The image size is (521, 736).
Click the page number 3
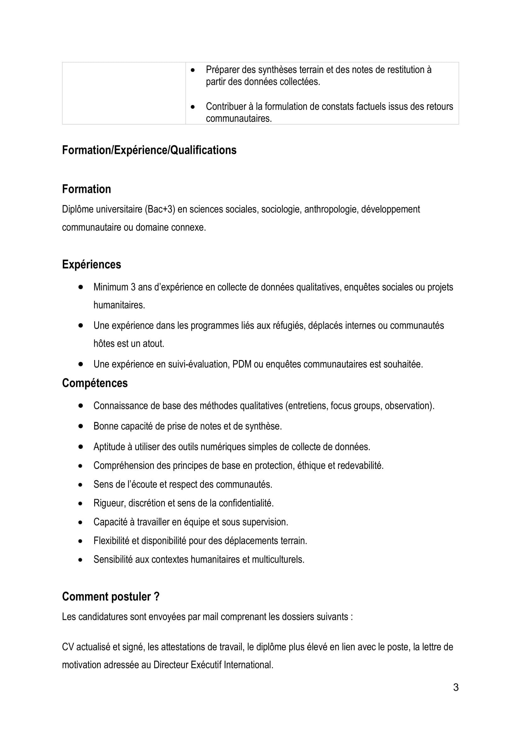(x=455, y=687)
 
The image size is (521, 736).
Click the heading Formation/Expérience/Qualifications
(x=149, y=150)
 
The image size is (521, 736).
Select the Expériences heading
(x=91, y=264)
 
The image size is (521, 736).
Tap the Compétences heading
(x=94, y=383)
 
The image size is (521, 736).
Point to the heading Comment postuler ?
(x=111, y=597)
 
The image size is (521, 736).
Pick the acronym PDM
(x=242, y=364)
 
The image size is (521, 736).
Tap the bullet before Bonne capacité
(x=80, y=426)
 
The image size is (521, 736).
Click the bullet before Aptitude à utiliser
(x=80, y=447)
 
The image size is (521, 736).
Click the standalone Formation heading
(x=86, y=189)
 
